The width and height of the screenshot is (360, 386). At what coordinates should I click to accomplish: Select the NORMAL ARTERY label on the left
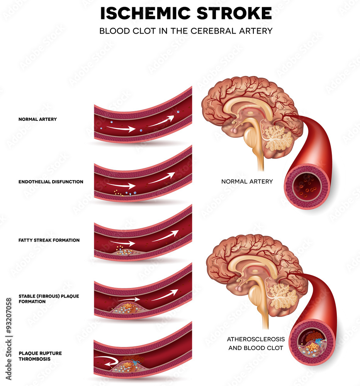coord(37,119)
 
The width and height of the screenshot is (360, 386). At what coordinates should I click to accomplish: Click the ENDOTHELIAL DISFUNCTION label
coord(51,181)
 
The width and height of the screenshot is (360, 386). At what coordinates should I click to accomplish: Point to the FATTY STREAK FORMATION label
coord(49,240)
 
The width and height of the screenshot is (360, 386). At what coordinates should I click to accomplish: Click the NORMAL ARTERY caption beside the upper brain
coord(247,181)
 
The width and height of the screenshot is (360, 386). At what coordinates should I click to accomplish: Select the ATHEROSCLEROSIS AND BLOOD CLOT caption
coord(256,343)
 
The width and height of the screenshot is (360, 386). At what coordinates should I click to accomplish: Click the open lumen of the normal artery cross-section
coord(307,186)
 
